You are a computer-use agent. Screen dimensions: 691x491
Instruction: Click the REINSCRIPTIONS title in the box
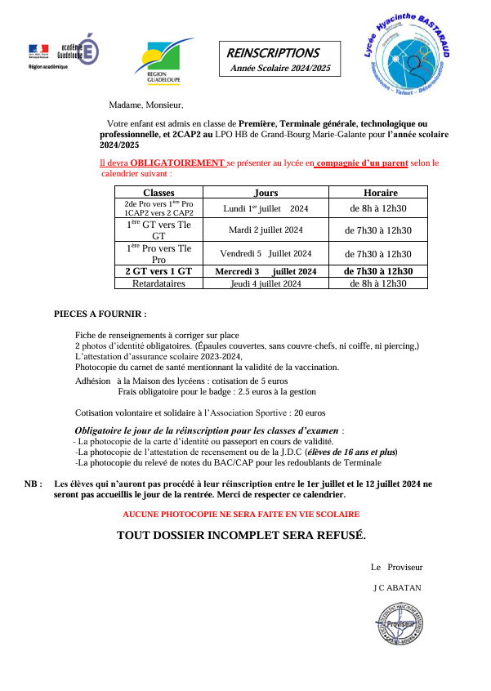click(x=273, y=53)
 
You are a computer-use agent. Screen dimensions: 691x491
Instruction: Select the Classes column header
click(x=158, y=193)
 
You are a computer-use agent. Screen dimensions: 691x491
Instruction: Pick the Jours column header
click(x=266, y=193)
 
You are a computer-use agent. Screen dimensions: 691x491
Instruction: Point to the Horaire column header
click(x=377, y=193)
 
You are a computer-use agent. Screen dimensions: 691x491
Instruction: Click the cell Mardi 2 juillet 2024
click(x=266, y=230)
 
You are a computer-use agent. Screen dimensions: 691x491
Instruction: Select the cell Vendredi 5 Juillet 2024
click(x=266, y=253)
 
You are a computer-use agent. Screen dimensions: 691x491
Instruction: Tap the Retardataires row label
click(x=158, y=283)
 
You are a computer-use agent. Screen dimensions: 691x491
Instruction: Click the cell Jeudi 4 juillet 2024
click(x=266, y=283)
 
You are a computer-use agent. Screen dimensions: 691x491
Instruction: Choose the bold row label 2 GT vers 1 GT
click(x=158, y=271)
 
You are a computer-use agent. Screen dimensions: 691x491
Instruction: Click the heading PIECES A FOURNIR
click(x=100, y=314)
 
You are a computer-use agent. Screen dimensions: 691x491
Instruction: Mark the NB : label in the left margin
click(x=33, y=484)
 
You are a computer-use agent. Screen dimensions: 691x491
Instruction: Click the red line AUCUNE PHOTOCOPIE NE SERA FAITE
click(x=240, y=515)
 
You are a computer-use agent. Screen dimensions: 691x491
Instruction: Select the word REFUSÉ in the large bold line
click(x=337, y=536)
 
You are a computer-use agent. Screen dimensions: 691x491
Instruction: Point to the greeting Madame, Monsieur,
click(x=146, y=105)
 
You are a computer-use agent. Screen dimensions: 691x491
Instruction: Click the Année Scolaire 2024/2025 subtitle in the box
click(x=280, y=69)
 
